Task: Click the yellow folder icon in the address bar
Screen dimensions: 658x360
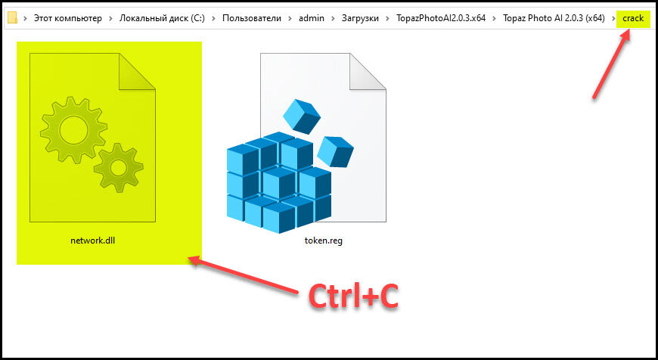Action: click(x=13, y=17)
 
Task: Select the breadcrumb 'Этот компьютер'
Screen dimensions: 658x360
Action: click(x=67, y=18)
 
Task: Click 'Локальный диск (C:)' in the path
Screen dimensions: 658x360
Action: click(x=162, y=18)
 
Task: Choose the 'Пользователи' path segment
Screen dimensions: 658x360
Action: click(x=252, y=18)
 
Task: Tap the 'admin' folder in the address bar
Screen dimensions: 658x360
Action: click(x=312, y=18)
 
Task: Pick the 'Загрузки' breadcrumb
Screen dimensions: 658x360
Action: click(x=360, y=18)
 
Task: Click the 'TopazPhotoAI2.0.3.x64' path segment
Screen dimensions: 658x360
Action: click(x=441, y=18)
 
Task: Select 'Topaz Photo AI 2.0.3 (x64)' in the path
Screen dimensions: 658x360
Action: click(x=554, y=18)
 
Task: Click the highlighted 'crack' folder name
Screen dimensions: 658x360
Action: click(x=633, y=18)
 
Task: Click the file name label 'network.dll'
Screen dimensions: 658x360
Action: click(x=93, y=241)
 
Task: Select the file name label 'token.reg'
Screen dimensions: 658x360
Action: click(x=324, y=241)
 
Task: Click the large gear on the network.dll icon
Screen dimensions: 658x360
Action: click(x=74, y=129)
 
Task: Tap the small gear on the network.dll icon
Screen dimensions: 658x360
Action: click(x=118, y=168)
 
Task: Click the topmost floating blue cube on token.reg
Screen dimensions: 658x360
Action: click(x=302, y=116)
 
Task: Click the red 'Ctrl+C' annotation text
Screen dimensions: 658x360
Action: click(x=353, y=297)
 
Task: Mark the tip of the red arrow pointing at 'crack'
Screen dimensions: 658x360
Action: click(x=629, y=31)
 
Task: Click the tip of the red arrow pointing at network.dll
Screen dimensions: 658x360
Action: click(x=188, y=258)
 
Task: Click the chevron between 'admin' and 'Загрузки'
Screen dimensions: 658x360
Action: click(x=333, y=18)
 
